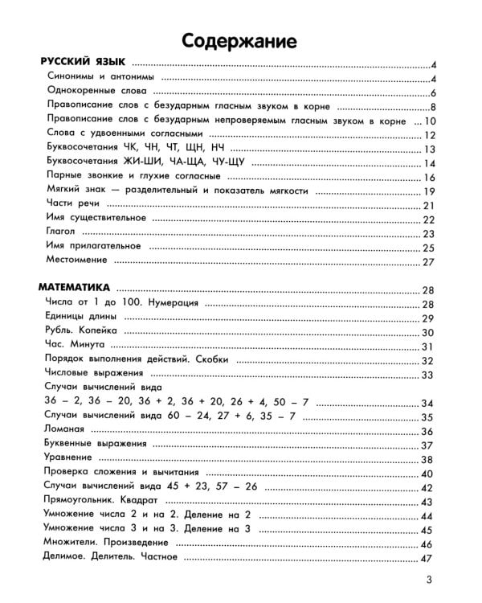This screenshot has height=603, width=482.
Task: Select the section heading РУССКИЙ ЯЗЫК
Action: pyautogui.click(x=84, y=64)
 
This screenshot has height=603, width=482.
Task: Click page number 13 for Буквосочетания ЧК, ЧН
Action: pyautogui.click(x=428, y=150)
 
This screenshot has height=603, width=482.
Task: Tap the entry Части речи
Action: pyautogui.click(x=73, y=205)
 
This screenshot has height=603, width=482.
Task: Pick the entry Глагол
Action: pyautogui.click(x=61, y=232)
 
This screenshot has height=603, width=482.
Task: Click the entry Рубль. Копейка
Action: pyautogui.click(x=83, y=331)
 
